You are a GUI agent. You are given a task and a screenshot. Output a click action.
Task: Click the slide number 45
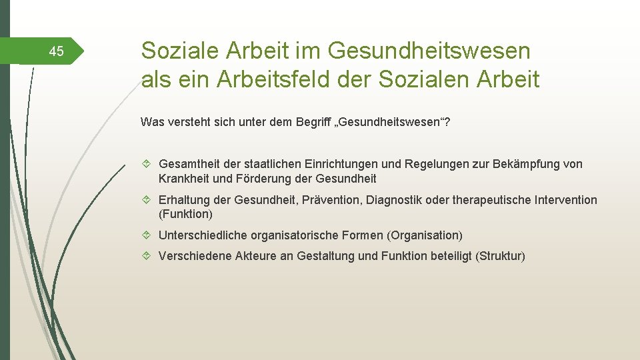pos(57,51)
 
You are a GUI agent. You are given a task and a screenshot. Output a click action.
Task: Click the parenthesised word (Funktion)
pos(185,215)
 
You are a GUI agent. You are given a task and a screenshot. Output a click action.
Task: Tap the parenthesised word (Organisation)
pos(427,235)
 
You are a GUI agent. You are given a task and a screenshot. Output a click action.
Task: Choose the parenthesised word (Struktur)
pos(500,256)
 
